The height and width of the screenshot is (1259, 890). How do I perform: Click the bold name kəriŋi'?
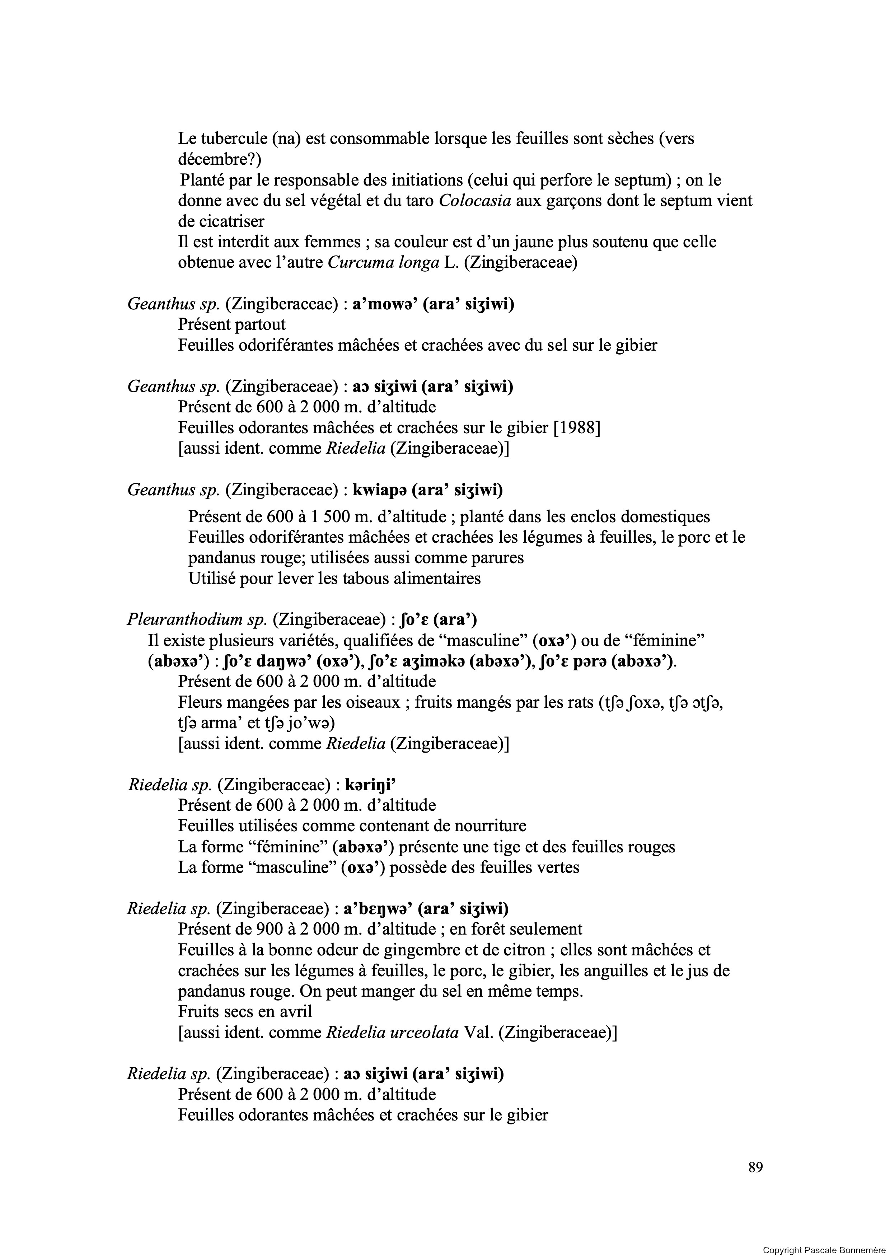pos(371,785)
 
